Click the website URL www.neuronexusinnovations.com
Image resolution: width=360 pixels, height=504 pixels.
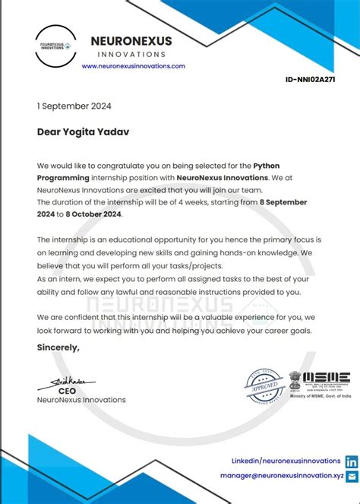coord(134,66)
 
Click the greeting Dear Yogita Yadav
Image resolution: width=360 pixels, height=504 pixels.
coord(84,132)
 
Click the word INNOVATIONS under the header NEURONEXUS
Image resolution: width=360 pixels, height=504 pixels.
coord(132,55)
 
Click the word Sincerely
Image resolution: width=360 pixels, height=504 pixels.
coord(58,347)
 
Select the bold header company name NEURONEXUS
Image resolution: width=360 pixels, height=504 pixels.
coord(131,41)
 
